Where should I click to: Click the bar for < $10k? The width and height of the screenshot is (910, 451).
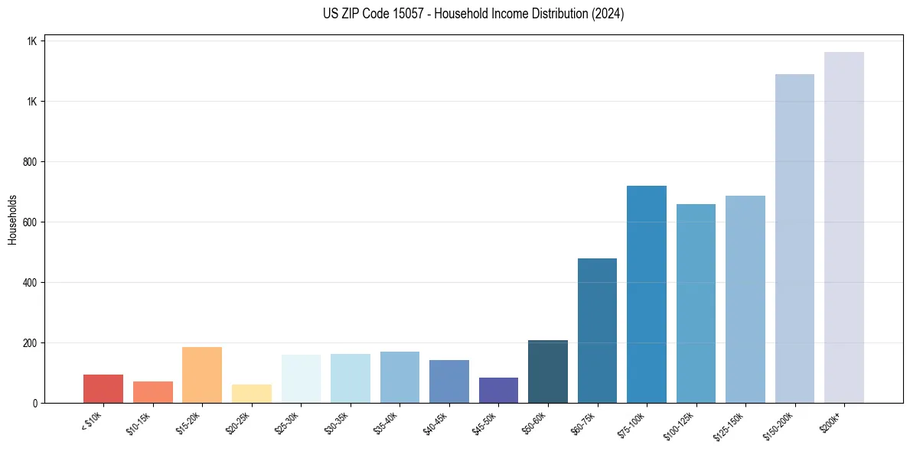[103, 388]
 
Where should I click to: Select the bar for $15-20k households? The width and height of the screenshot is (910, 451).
[202, 375]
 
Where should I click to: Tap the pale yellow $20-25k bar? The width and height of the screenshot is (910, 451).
[251, 393]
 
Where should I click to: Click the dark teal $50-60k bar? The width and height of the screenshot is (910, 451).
[547, 372]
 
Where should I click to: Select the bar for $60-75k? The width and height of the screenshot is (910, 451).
[597, 330]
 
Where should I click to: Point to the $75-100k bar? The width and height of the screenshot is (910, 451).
[646, 294]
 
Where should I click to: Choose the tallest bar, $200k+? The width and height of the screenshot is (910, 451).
[843, 227]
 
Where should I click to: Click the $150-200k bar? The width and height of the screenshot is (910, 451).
[794, 238]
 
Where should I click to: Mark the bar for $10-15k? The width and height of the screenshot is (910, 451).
[152, 391]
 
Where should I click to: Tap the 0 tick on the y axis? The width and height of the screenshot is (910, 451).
[35, 403]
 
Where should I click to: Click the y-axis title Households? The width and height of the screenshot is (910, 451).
[13, 220]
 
